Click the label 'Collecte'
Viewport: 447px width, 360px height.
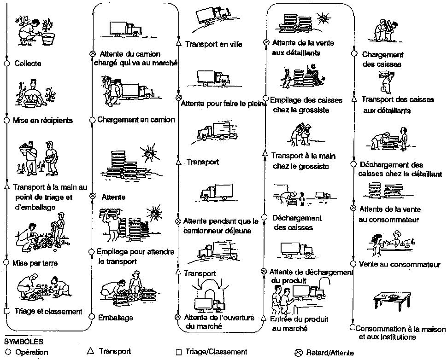28,64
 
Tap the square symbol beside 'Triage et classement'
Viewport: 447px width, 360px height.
7,311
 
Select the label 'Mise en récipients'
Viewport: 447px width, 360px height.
43,121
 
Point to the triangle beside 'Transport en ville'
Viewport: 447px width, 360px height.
179,44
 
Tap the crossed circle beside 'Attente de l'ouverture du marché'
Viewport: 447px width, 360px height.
178,317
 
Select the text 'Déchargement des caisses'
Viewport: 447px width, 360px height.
297,222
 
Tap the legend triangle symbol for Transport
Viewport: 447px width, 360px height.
90,351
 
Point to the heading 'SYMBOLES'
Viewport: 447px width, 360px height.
24,342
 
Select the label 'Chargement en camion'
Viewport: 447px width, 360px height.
136,120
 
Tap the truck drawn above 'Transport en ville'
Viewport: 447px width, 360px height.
212,17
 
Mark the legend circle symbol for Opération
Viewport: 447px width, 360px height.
7,352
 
